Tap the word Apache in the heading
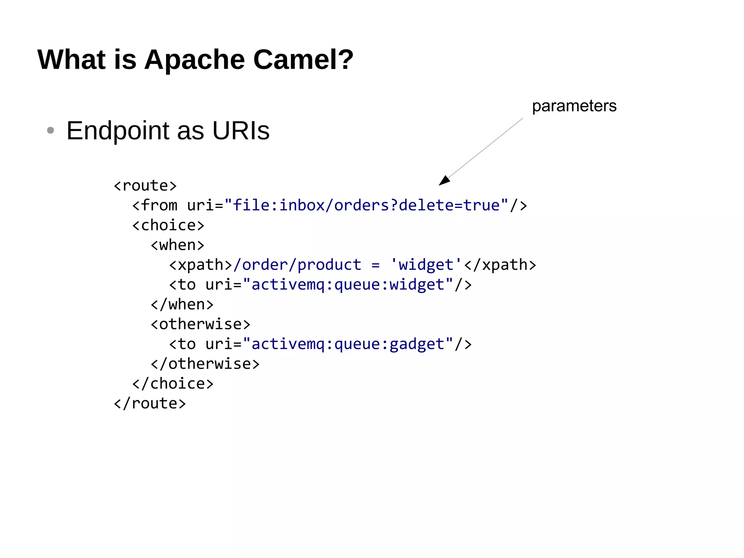194,60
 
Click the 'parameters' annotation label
574,106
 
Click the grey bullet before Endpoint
50,130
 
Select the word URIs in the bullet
240,131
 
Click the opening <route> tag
145,186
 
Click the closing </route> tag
150,404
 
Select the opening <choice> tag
168,225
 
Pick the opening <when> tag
177,245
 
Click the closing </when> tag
182,305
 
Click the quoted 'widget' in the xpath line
426,265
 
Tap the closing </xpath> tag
500,265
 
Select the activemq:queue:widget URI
348,285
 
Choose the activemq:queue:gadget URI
348,344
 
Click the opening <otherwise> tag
201,324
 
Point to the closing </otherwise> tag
205,364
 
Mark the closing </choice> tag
173,384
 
